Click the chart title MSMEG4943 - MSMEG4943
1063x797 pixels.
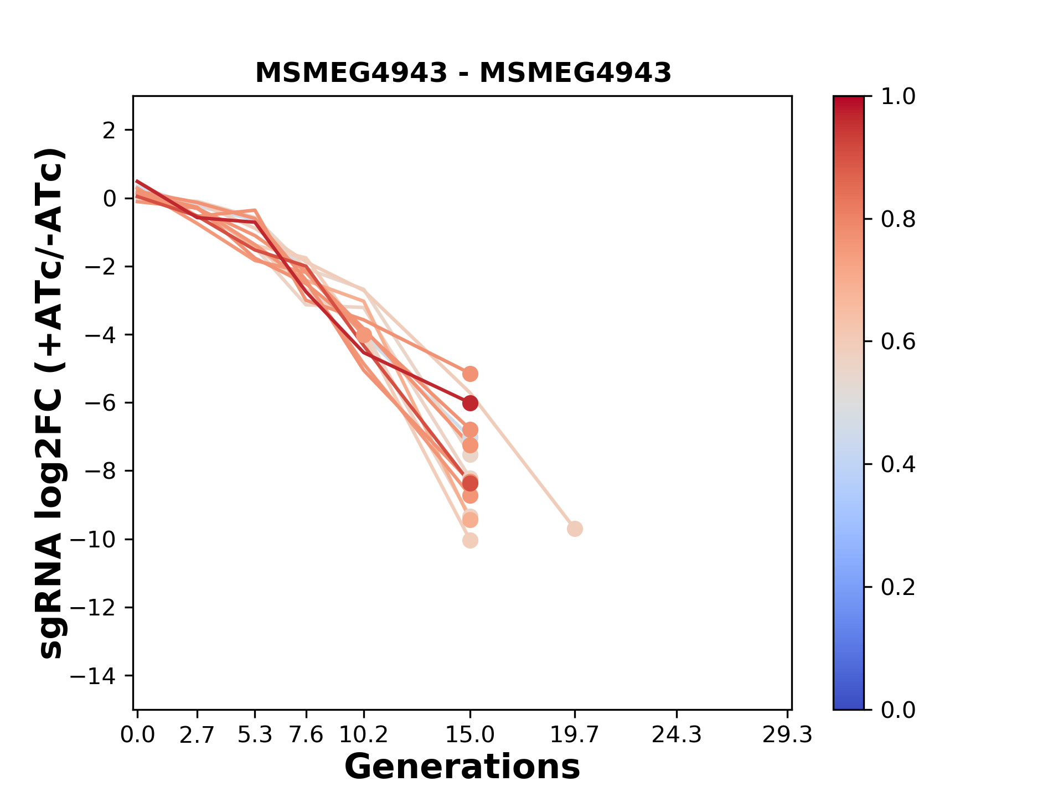463,73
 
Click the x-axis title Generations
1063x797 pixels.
462,767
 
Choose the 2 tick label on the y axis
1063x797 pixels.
109,131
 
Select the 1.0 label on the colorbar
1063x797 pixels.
898,97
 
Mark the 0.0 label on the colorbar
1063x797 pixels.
898,710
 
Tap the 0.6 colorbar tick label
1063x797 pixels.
898,342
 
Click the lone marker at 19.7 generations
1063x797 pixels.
575,529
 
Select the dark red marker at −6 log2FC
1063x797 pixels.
470,403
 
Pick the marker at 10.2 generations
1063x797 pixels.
364,335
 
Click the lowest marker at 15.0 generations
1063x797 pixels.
470,540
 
